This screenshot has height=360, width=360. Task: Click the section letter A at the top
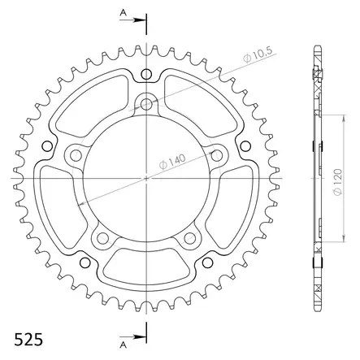click(x=122, y=13)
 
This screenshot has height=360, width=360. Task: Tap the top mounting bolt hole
click(x=146, y=104)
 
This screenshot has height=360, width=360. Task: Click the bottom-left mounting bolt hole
click(x=103, y=236)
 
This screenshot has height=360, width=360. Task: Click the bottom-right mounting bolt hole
click(x=189, y=236)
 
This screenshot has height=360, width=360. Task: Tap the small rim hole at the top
click(x=146, y=76)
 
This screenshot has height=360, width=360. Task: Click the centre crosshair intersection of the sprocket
click(x=146, y=177)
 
